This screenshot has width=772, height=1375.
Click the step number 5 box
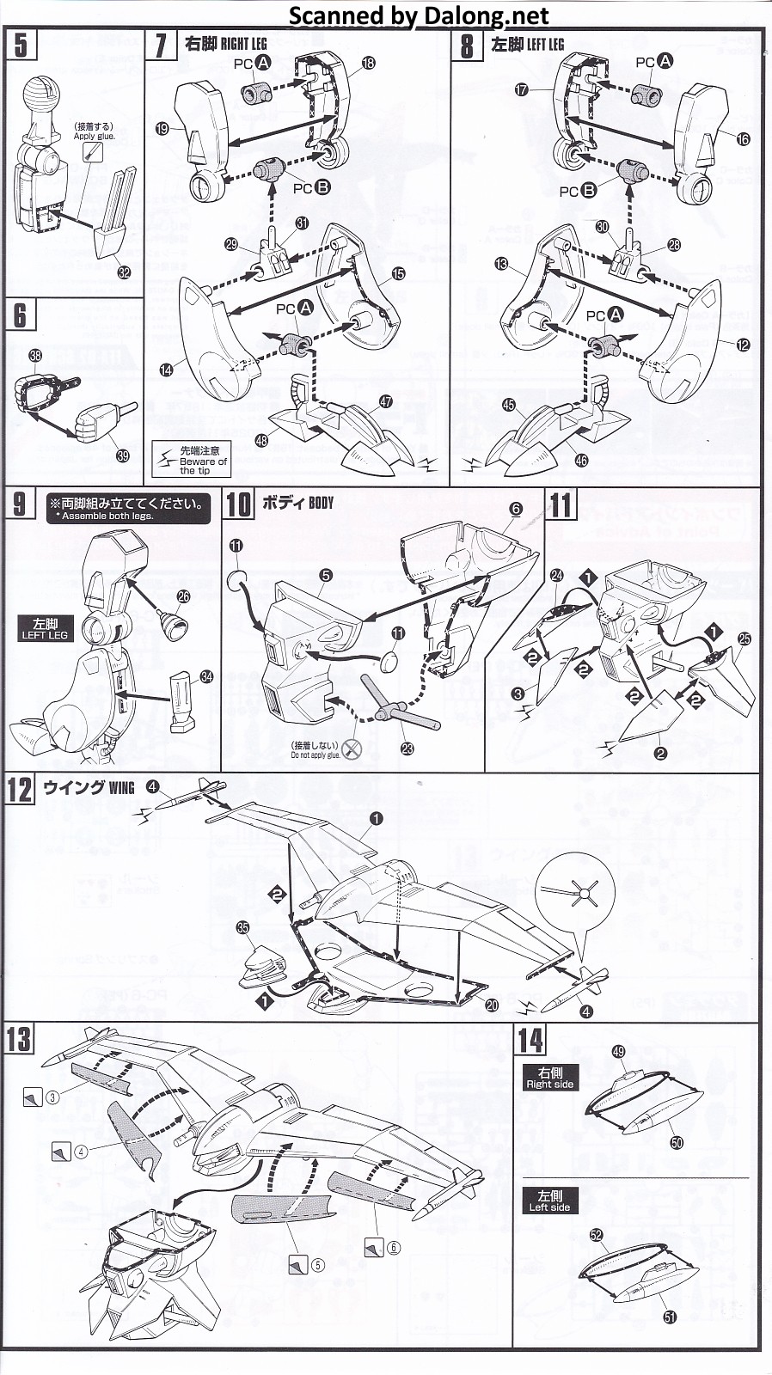point(21,44)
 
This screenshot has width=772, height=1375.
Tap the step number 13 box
point(19,1040)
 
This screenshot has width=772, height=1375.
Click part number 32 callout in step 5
point(124,272)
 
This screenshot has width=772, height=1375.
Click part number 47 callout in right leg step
point(385,401)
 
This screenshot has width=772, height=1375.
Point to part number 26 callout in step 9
point(183,596)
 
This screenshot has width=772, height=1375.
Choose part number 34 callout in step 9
point(206,677)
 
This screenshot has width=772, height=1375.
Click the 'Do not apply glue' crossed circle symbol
point(352,749)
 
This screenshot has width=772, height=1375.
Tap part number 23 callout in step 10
point(407,749)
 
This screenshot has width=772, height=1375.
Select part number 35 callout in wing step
point(243,927)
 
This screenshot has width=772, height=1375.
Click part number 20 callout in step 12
point(492,1005)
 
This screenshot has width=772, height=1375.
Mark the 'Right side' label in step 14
point(549,1078)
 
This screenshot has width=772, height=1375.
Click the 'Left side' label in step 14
point(549,1201)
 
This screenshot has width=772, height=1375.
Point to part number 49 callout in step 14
point(618,1051)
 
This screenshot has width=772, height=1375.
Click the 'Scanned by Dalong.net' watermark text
point(418,15)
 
